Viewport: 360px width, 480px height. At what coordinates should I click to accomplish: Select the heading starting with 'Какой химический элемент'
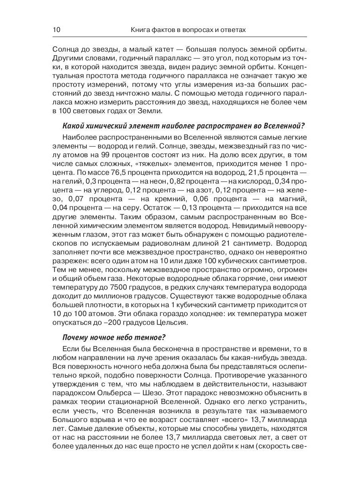pyautogui.click(x=184, y=126)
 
